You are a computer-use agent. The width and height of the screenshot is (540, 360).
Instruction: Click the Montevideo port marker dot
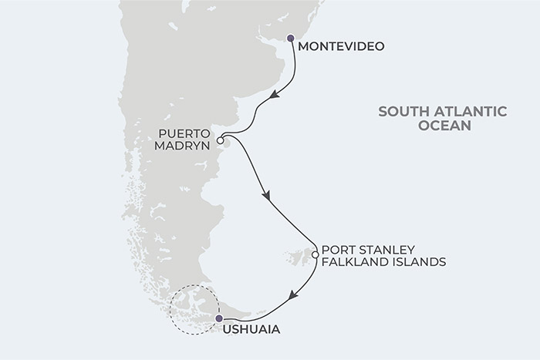(x=290, y=38)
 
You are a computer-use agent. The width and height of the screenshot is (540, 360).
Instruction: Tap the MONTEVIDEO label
(x=340, y=46)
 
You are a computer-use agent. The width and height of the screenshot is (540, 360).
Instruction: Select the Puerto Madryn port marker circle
(x=220, y=141)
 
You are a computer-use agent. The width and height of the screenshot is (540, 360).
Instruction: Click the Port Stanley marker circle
(x=315, y=254)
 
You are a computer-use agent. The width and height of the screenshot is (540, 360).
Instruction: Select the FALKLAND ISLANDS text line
(x=383, y=262)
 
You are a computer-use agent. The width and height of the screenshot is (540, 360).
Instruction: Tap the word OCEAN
(x=442, y=126)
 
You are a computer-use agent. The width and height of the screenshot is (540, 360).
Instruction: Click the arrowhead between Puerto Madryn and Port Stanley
(x=268, y=197)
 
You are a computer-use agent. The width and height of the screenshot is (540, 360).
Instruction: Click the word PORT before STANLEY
(x=336, y=250)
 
